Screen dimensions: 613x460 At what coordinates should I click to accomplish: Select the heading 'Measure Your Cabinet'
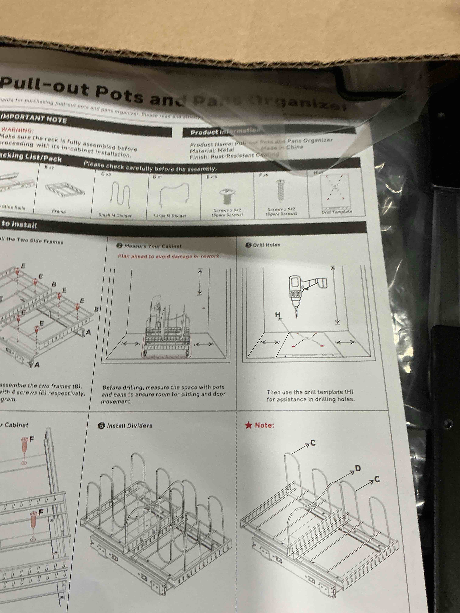pyautogui.click(x=153, y=246)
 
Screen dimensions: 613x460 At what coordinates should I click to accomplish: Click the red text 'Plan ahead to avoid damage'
pyautogui.click(x=169, y=256)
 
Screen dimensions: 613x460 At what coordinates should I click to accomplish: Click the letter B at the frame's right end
pyautogui.click(x=96, y=309)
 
